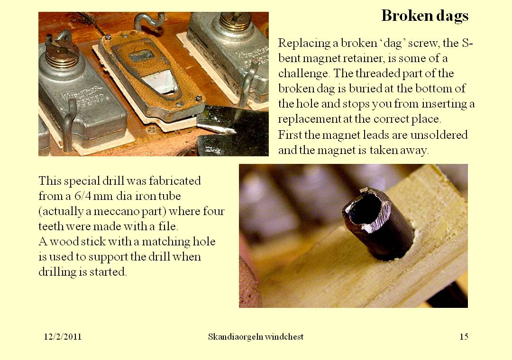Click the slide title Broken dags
pyautogui.click(x=425, y=16)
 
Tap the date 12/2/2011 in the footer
pyautogui.click(x=63, y=337)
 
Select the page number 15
pyautogui.click(x=464, y=337)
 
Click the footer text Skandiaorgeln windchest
pyautogui.click(x=256, y=337)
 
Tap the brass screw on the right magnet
pyautogui.click(x=235, y=21)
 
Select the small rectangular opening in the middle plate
pyautogui.click(x=141, y=56)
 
